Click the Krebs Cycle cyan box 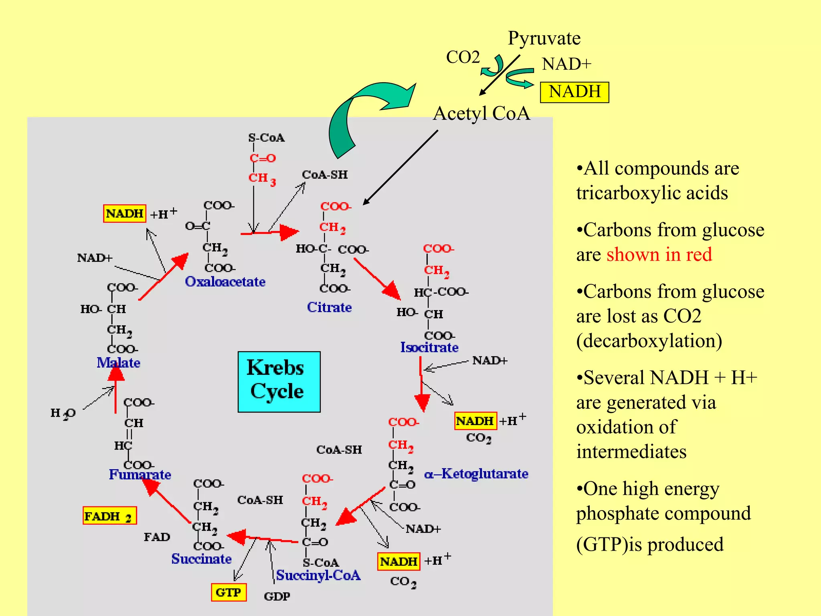click(x=279, y=381)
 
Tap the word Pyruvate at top click(x=544, y=38)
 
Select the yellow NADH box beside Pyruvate click(x=574, y=92)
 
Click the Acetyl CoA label click(x=481, y=113)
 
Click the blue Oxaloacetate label click(x=225, y=282)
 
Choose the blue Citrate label click(x=329, y=307)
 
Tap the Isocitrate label click(x=429, y=347)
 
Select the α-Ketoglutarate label click(x=476, y=474)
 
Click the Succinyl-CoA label click(x=318, y=575)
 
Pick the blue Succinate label click(x=201, y=559)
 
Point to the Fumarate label click(x=140, y=474)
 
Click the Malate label click(x=118, y=363)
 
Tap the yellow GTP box click(x=229, y=592)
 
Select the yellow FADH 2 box click(x=109, y=516)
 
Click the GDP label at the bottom click(x=277, y=596)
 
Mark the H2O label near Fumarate click(x=63, y=413)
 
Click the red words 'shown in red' click(x=659, y=255)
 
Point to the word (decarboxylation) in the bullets click(x=649, y=341)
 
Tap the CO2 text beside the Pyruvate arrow click(x=463, y=57)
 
